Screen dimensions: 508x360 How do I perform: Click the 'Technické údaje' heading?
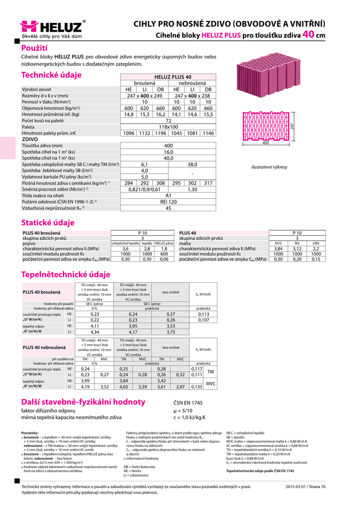(x=51, y=75)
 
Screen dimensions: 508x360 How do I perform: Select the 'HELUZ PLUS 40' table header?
(x=169, y=77)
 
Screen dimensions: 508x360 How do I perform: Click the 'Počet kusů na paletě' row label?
(x=43, y=121)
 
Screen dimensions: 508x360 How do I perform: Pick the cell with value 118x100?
(x=168, y=127)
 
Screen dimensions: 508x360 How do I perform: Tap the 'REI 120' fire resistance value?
(x=168, y=202)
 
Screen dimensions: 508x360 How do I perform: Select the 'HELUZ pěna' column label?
(x=164, y=244)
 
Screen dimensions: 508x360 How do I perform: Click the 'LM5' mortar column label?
(x=316, y=244)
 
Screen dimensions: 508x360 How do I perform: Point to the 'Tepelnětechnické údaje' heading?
(x=66, y=274)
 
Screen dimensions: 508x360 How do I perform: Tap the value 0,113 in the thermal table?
(x=204, y=314)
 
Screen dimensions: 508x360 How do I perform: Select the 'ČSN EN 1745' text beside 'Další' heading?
(x=188, y=403)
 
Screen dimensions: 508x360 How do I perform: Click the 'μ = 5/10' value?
(x=183, y=411)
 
